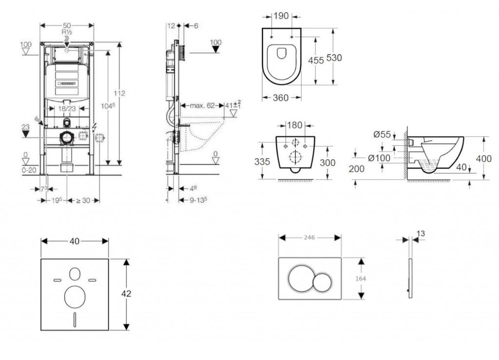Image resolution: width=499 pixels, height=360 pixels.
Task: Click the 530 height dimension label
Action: coord(334,57)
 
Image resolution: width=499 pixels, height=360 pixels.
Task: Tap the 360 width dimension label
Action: coord(280,98)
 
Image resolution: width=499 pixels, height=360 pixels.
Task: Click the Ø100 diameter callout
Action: coord(378,158)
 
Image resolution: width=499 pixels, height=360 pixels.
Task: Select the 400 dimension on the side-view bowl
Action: coord(484,158)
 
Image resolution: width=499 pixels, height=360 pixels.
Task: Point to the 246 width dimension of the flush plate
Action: coord(309,237)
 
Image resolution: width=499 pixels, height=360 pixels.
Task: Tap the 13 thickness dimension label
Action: coord(421,234)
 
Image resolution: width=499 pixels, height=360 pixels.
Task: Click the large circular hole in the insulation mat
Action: coord(74,295)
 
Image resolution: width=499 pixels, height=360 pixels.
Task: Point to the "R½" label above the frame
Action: coord(67,31)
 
